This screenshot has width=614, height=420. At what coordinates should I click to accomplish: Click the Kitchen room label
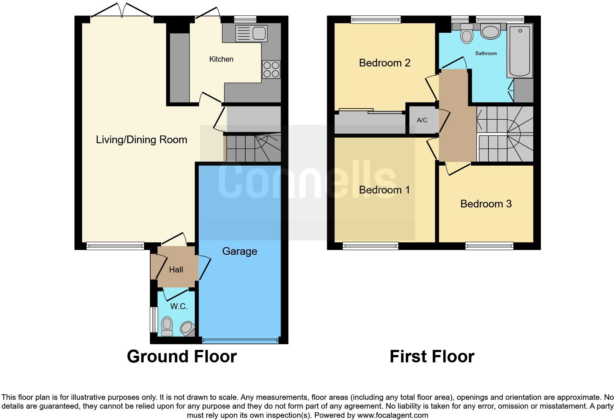coord(221,59)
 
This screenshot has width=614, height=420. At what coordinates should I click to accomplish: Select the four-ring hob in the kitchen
coord(271,69)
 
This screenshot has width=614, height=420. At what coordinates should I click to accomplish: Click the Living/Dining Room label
coord(141,140)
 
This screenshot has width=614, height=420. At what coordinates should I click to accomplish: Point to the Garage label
coord(239,251)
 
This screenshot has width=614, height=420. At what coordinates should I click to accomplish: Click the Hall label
coord(176,270)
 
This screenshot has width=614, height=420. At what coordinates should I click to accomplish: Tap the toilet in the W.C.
coord(167,326)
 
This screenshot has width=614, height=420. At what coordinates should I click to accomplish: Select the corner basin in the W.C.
coord(188,328)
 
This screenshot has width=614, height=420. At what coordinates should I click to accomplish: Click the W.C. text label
coord(179,306)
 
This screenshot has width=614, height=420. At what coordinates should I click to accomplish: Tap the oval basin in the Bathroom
coord(490,32)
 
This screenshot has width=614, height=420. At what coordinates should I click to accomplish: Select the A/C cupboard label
coord(422,120)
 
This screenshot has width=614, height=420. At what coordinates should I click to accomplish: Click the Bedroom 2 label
coord(384,63)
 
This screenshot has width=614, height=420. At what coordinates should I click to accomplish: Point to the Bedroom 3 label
coord(486,204)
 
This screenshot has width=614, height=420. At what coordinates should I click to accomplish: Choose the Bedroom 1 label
coord(384,190)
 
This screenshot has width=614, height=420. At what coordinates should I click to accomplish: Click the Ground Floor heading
coord(182,356)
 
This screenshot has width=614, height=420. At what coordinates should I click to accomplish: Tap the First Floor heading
coord(432,356)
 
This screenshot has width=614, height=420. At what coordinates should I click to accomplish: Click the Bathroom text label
coord(486,53)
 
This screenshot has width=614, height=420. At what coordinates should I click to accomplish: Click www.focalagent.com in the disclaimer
coord(392,415)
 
